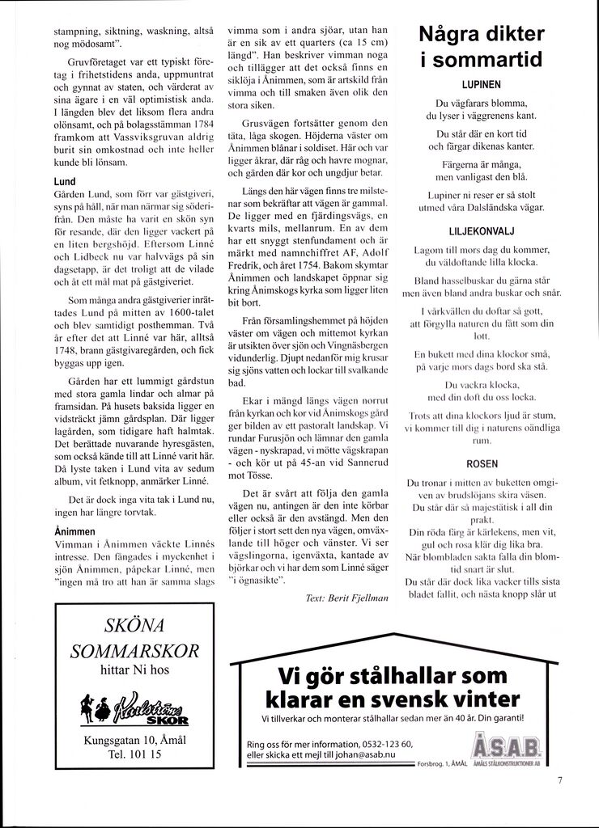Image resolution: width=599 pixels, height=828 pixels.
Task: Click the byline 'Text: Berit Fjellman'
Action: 348,598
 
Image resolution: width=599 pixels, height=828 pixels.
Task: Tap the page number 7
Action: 559,780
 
